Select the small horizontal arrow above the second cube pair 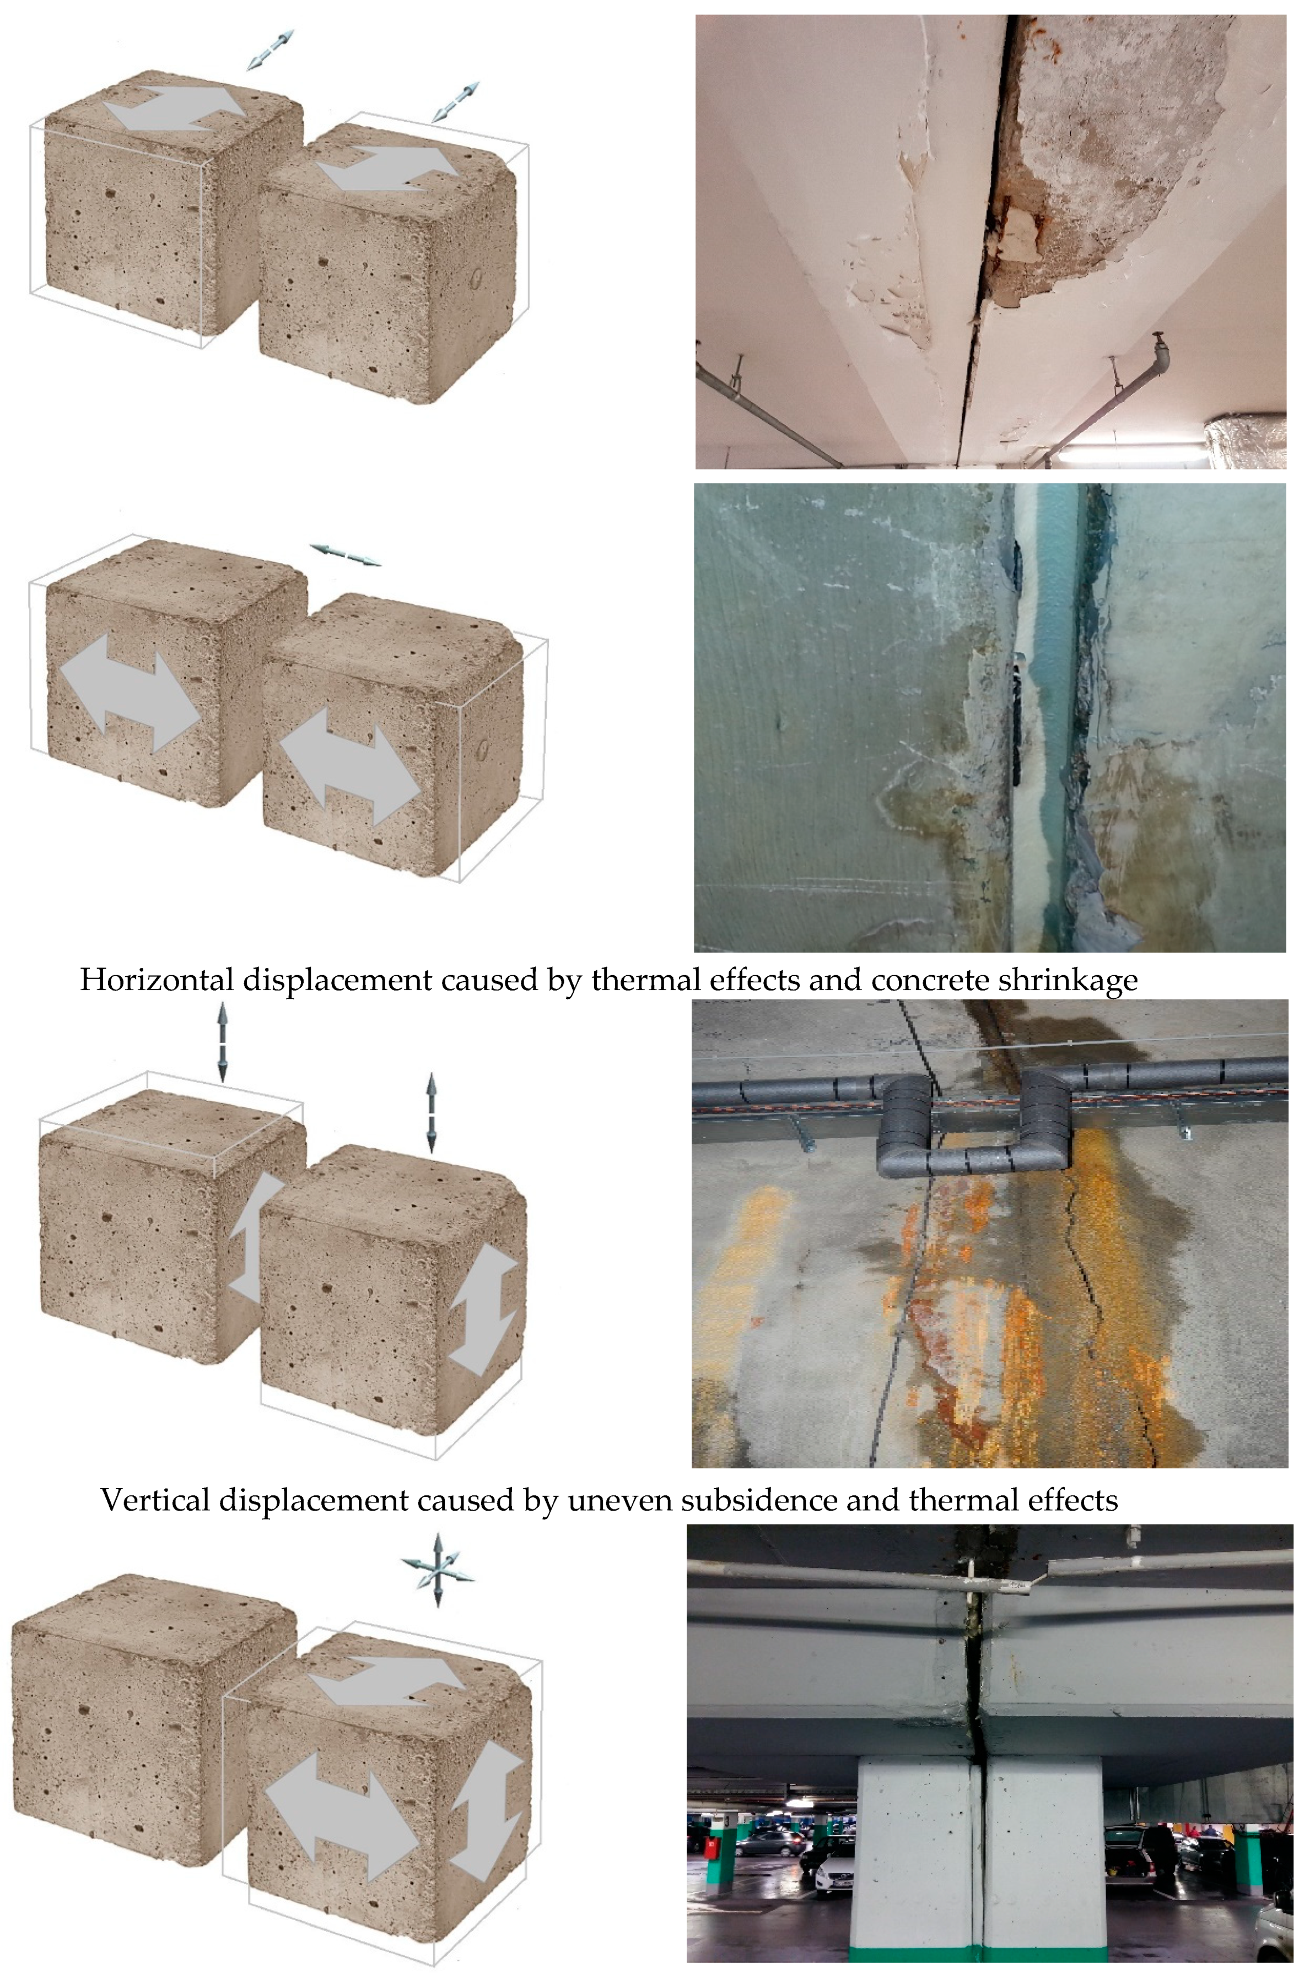[345, 555]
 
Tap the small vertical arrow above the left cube [222, 1042]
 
